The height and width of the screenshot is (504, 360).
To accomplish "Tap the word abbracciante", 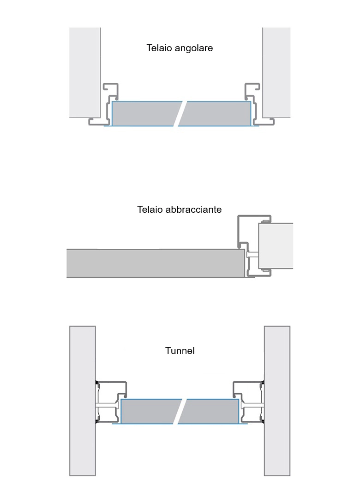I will tap(195, 210).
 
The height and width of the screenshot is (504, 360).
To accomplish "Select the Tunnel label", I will tap(180, 351).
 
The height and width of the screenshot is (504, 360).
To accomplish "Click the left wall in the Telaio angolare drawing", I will tap(84, 72).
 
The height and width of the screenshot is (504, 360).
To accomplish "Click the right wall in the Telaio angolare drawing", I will tap(276, 72).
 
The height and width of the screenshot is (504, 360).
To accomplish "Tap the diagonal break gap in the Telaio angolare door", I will tap(180, 113).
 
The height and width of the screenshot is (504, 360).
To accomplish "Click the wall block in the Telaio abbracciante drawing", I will tap(276, 245).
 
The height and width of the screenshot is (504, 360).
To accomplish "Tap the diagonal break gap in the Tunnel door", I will tap(180, 411).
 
